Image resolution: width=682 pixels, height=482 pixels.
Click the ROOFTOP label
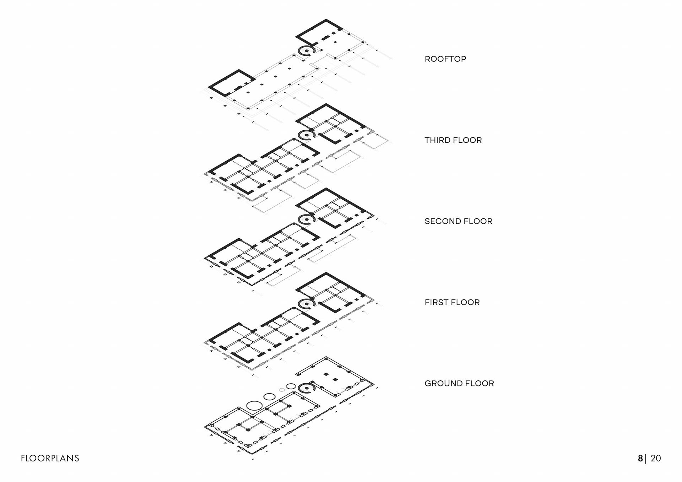(x=445, y=59)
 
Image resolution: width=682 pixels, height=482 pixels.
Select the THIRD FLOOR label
(x=453, y=140)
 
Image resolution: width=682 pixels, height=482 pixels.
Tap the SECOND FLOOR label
(x=458, y=221)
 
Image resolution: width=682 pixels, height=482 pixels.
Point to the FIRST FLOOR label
(x=452, y=302)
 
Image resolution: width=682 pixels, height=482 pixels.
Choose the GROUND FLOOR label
(x=459, y=384)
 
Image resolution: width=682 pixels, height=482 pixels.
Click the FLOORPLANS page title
(x=50, y=458)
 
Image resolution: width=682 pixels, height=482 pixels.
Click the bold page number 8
(x=640, y=458)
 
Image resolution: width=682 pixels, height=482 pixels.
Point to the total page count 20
(x=656, y=458)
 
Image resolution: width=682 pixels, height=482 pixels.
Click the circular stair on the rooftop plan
(x=307, y=51)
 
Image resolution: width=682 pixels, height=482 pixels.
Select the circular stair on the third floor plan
(x=307, y=135)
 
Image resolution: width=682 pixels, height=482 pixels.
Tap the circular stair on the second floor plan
(x=307, y=220)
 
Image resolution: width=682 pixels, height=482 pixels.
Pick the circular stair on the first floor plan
(x=307, y=304)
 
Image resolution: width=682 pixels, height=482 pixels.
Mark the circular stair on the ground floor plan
(x=307, y=388)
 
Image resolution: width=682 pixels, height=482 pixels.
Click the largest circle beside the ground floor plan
(x=254, y=405)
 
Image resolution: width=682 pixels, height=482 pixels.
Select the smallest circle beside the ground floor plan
(x=282, y=390)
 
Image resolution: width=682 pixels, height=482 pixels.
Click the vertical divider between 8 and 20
(x=645, y=458)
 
